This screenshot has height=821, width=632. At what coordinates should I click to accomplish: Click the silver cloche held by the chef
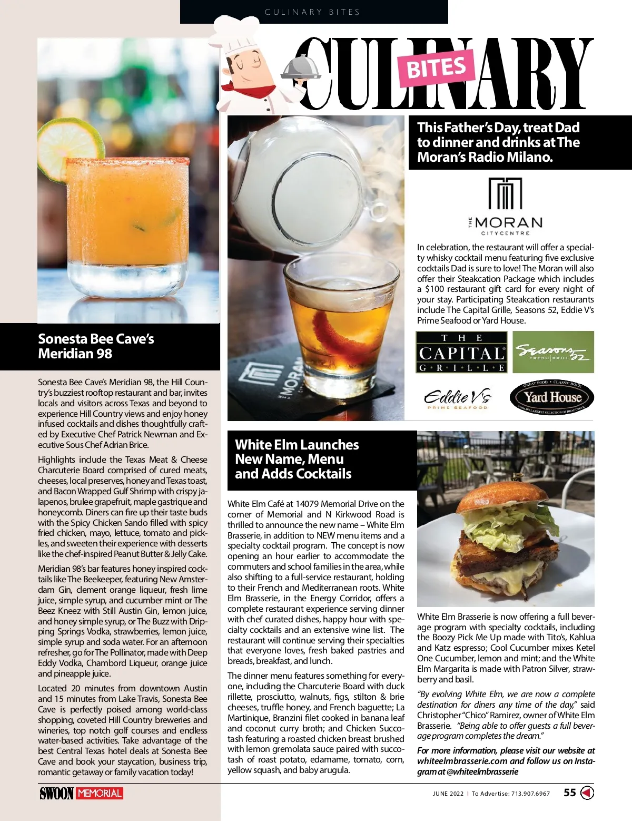[301, 67]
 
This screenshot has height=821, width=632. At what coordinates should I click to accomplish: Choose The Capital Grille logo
[461, 352]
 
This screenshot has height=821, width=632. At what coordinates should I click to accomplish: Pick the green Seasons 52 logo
[553, 352]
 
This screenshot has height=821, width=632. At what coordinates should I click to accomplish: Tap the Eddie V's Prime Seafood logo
[457, 398]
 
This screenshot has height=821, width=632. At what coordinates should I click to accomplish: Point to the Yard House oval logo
[552, 398]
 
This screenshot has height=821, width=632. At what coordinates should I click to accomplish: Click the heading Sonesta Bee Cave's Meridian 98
[96, 346]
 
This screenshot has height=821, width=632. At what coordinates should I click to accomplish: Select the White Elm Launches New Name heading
[297, 459]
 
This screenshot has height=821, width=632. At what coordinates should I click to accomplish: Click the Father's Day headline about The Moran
[498, 142]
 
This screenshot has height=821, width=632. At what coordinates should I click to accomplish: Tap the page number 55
[570, 793]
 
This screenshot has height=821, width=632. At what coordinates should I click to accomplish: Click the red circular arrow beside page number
[587, 793]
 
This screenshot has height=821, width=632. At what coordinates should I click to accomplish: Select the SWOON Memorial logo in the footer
[81, 793]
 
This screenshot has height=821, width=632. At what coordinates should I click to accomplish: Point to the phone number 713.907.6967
[530, 793]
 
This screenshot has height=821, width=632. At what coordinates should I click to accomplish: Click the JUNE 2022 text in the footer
[448, 793]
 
